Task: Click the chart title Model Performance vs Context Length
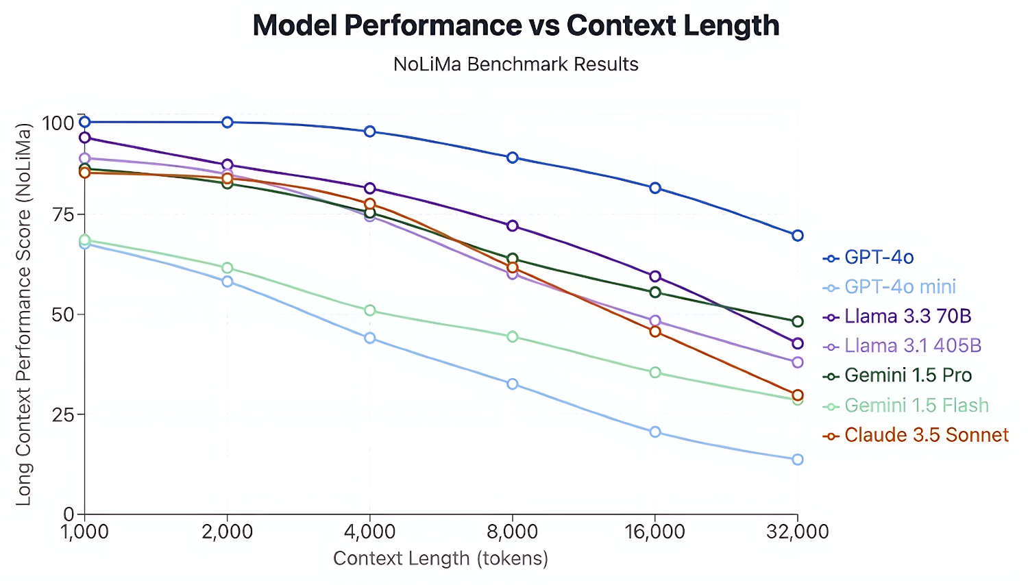click(515, 26)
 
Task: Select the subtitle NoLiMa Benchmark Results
click(515, 64)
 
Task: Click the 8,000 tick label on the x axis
click(512, 532)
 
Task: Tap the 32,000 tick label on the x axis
click(797, 532)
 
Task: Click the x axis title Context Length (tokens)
click(441, 559)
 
